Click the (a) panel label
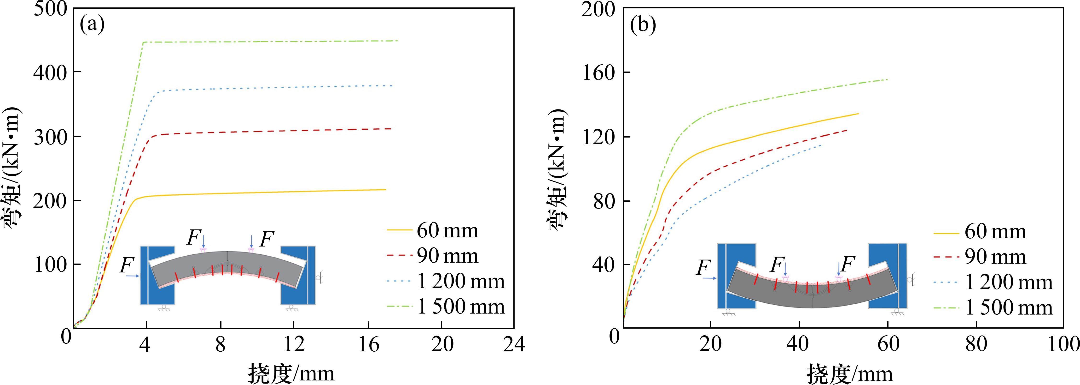click(x=92, y=25)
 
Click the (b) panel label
click(x=643, y=25)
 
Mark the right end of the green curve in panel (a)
click(x=397, y=41)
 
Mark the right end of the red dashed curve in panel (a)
click(x=391, y=128)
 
